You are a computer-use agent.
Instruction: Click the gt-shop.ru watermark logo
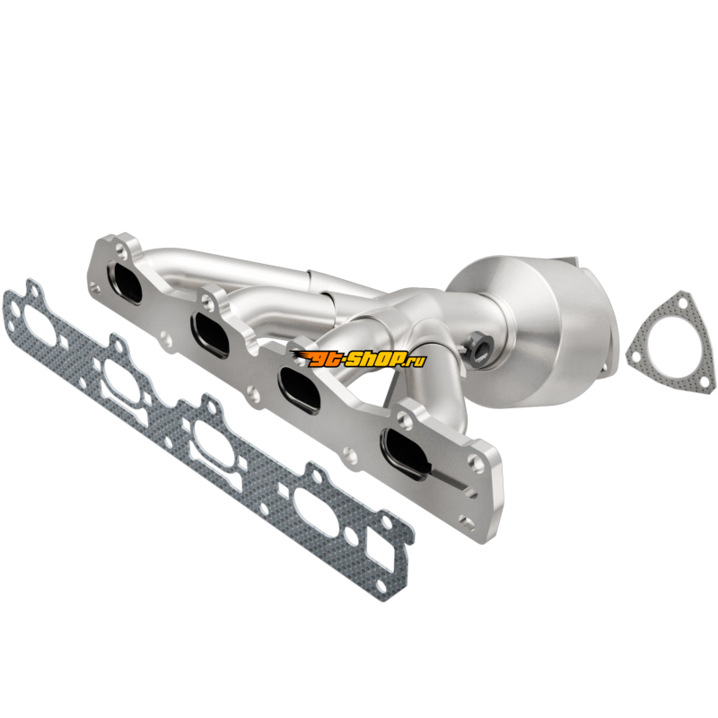[358, 358]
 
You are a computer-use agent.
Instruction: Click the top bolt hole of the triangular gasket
[682, 303]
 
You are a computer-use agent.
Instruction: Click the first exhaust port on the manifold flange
[125, 283]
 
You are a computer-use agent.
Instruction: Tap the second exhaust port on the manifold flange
[211, 334]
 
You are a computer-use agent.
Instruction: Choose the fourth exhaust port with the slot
[407, 453]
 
